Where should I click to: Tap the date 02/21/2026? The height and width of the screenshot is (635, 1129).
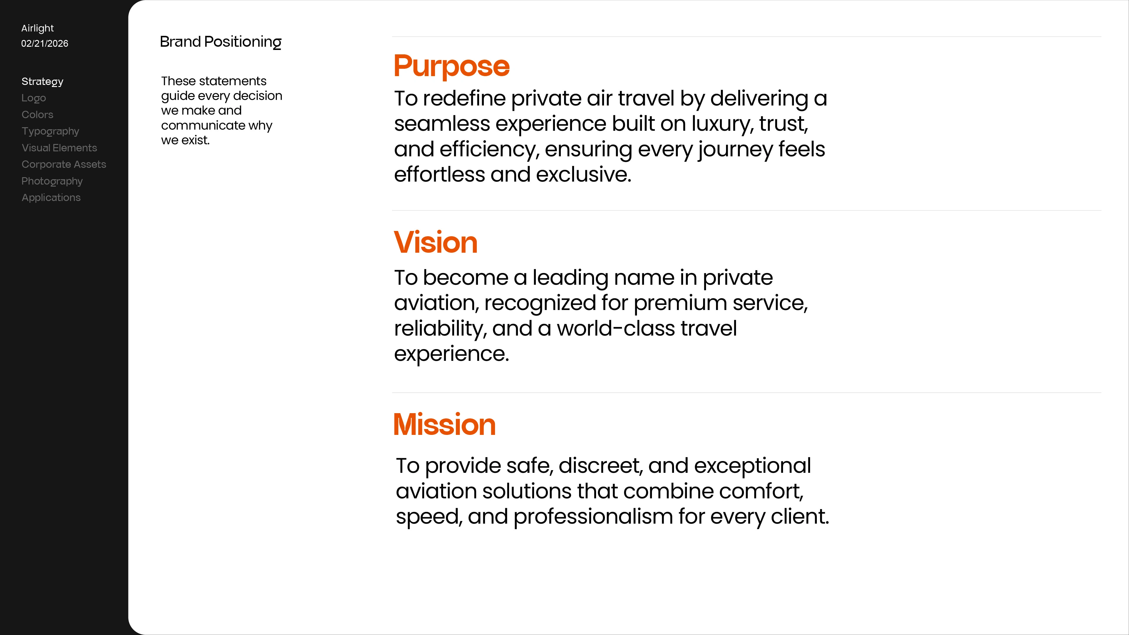coord(45,43)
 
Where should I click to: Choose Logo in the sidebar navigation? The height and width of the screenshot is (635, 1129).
coord(34,98)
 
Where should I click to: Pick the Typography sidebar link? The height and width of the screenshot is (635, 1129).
coord(50,131)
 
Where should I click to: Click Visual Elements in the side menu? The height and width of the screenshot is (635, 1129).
coord(59,148)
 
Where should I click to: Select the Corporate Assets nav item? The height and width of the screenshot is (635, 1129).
coord(64,164)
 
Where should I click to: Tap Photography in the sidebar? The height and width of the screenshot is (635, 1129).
coord(52,181)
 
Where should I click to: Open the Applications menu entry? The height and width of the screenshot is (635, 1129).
coord(51,198)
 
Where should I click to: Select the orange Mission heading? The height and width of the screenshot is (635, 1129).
coord(444,424)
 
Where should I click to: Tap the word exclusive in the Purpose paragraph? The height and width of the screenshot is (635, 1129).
coord(583,175)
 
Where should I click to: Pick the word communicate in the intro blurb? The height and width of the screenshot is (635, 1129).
coord(203,125)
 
